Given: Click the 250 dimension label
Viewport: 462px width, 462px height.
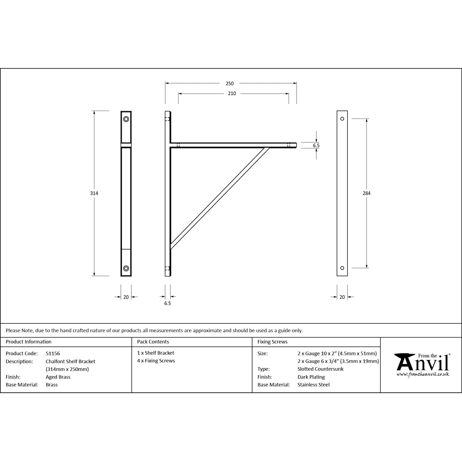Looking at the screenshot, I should point(229,84).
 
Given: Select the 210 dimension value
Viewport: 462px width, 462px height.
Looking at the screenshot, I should point(232,93).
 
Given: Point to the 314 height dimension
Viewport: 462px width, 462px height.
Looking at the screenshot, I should point(94,193).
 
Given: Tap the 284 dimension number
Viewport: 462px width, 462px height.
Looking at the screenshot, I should point(366,193).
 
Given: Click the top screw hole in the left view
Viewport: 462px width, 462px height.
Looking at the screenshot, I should point(126,119).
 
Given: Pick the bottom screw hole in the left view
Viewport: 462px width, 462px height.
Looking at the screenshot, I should point(126,268).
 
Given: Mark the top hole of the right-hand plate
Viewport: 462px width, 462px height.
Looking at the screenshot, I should point(342,119).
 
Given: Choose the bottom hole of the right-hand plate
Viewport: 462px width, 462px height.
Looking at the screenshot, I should point(342,268).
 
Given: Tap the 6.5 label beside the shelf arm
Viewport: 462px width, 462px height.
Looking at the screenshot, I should point(316,146).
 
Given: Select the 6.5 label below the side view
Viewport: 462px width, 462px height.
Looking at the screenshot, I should point(167,303).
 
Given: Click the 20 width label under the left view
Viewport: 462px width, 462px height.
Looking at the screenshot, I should point(126,297).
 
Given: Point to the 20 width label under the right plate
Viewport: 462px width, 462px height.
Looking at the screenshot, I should point(342,297).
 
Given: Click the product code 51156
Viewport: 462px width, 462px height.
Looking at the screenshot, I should point(53,353).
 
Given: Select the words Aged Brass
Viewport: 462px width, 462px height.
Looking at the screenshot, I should point(58,377).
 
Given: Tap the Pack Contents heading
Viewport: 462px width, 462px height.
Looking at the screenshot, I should point(153,342).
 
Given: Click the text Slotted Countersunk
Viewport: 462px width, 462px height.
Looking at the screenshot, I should point(320,369).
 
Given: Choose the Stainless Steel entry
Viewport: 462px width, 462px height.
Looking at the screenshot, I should point(314,385).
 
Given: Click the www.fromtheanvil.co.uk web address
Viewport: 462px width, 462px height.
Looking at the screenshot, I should point(422,374).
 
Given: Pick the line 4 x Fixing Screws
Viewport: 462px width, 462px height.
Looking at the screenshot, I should point(156,361).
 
